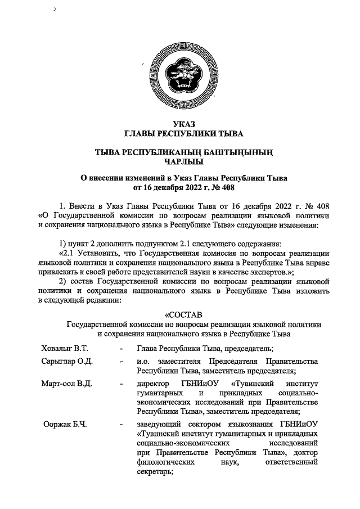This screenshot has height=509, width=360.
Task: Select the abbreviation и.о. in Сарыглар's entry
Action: coord(143,361)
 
